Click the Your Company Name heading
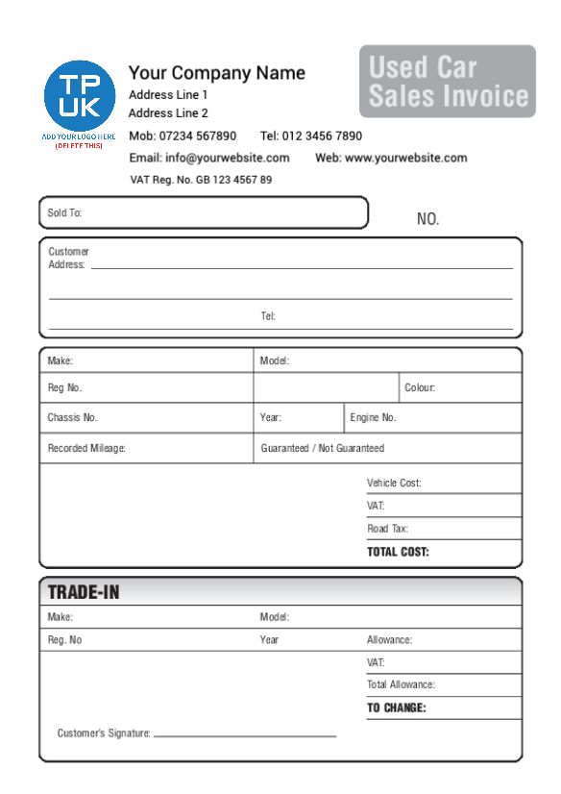[x=217, y=73]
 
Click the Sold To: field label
[x=63, y=212]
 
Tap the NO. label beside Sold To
[x=427, y=220]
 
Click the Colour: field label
[x=420, y=389]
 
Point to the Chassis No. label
[x=73, y=418]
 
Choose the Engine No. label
[x=374, y=418]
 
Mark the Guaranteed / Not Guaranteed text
[x=323, y=448]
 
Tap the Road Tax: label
[x=387, y=529]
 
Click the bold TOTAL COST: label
[x=398, y=552]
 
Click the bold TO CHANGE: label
[x=396, y=708]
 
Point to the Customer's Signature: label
[x=104, y=734]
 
